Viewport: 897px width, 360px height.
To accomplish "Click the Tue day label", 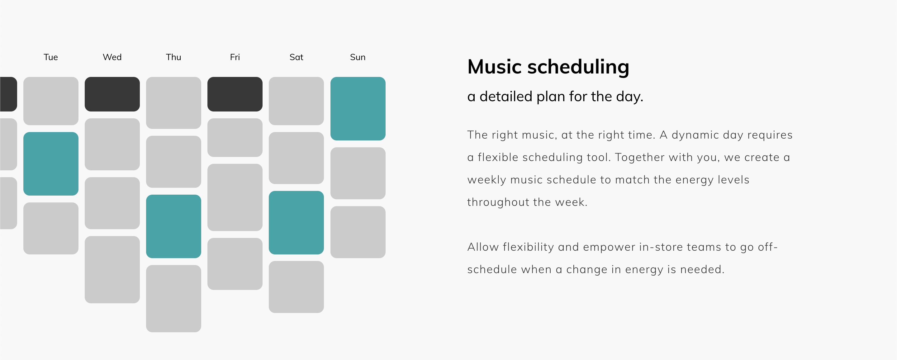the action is pyautogui.click(x=50, y=57).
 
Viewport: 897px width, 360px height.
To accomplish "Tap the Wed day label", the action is pyautogui.click(x=112, y=57).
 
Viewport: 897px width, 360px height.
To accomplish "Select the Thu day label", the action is pyautogui.click(x=173, y=57).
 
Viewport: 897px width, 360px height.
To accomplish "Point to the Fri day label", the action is pyautogui.click(x=235, y=57).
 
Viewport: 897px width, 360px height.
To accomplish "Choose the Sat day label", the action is pyautogui.click(x=296, y=57).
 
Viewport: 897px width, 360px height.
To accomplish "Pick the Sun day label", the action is pyautogui.click(x=358, y=57).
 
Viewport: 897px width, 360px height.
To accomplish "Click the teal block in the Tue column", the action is pyautogui.click(x=51, y=163).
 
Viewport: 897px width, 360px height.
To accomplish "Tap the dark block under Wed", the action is pyautogui.click(x=112, y=94).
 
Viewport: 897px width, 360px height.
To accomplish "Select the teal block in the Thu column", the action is pyautogui.click(x=173, y=226).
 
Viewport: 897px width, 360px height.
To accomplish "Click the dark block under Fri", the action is pyautogui.click(x=235, y=94).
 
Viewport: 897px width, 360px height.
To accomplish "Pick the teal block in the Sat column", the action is pyautogui.click(x=296, y=222).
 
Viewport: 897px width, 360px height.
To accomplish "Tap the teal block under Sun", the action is pyautogui.click(x=358, y=109).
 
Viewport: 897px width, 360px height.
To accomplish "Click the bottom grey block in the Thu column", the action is pyautogui.click(x=173, y=298).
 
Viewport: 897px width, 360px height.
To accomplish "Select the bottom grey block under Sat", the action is pyautogui.click(x=296, y=287).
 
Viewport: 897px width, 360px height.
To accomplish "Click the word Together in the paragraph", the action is pyautogui.click(x=640, y=157).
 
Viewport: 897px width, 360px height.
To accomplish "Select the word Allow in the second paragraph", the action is pyautogui.click(x=483, y=247).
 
